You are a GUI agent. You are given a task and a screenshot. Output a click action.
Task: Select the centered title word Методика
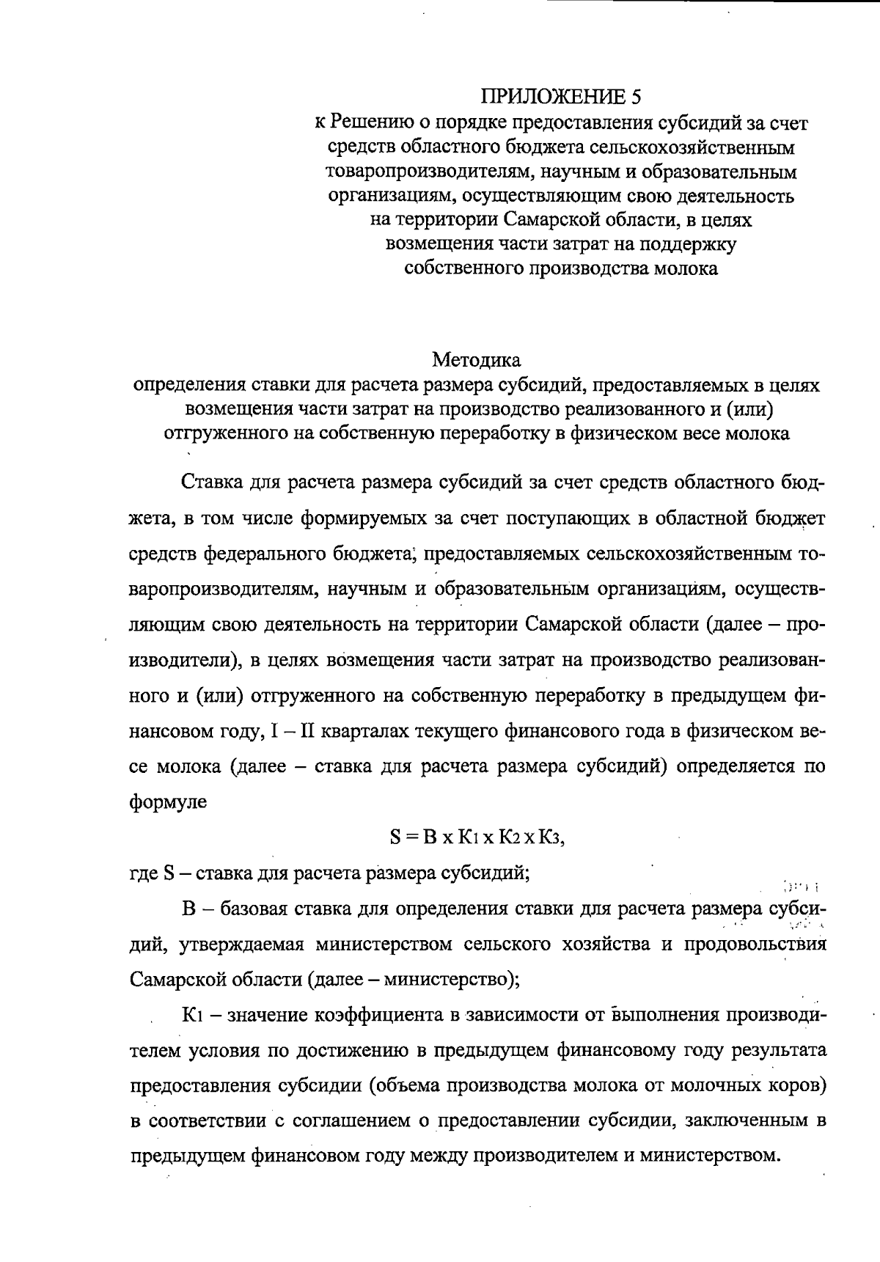point(476,360)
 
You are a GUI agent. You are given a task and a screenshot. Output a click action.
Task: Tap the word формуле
point(168,801)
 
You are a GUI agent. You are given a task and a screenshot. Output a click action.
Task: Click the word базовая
point(253,909)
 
